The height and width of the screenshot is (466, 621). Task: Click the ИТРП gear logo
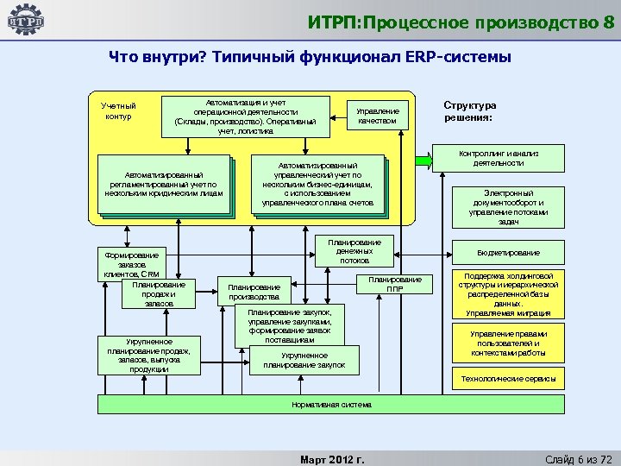[25, 21]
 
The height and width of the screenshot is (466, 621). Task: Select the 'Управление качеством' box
[377, 116]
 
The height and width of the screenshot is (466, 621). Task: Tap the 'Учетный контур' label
[118, 110]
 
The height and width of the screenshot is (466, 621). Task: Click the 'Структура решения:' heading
[469, 110]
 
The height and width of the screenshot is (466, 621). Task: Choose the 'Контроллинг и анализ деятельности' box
[498, 158]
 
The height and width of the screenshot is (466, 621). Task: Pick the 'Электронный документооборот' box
[508, 207]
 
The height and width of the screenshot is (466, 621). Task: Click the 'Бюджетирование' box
[508, 253]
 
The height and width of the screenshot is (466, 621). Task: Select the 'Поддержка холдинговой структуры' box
[508, 294]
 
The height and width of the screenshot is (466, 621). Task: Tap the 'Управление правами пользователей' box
[508, 343]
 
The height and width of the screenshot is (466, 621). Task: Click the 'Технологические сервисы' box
[508, 378]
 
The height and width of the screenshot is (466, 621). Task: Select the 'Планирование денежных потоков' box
[354, 250]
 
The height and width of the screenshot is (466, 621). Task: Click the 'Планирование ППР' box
[394, 284]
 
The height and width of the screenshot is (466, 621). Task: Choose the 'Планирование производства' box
[254, 291]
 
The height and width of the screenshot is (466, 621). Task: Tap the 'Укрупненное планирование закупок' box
[304, 361]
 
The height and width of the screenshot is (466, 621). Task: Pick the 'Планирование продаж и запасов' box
[160, 293]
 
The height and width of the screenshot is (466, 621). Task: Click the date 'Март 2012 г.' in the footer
[330, 458]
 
